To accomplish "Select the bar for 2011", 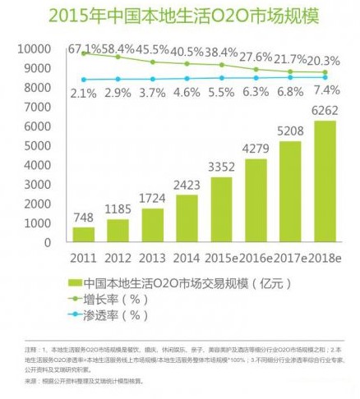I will tap(84, 235).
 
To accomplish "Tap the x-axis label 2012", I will tap(118, 257).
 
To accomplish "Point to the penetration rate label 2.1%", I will tap(84, 92).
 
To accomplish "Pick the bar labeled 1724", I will tap(152, 226).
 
